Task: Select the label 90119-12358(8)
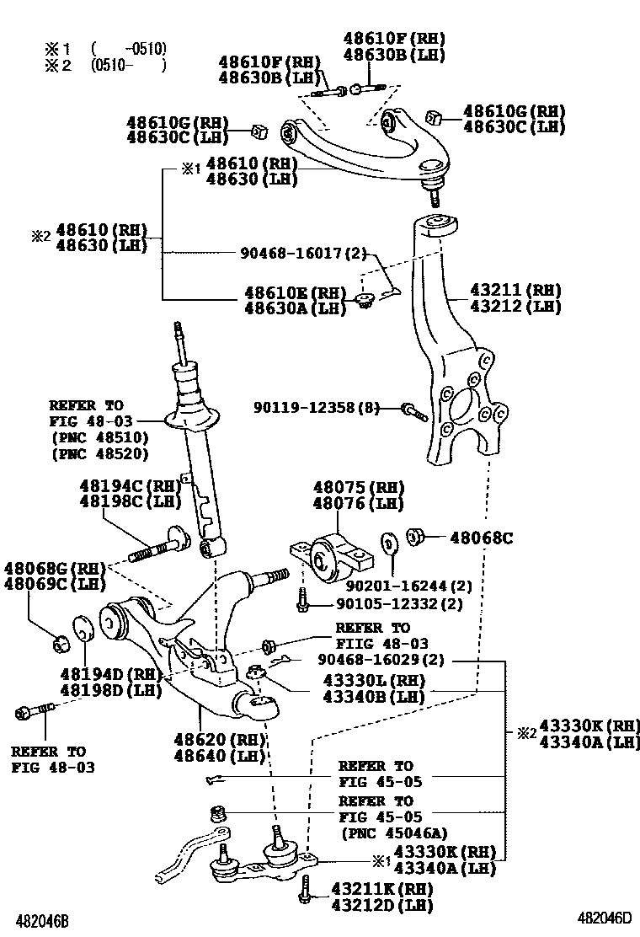(x=315, y=408)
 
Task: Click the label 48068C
(x=481, y=537)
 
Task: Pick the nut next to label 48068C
(x=415, y=536)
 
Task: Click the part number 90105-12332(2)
(x=399, y=604)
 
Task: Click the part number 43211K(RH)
(x=381, y=889)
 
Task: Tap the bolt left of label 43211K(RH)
(x=305, y=890)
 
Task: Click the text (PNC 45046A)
(x=388, y=833)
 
